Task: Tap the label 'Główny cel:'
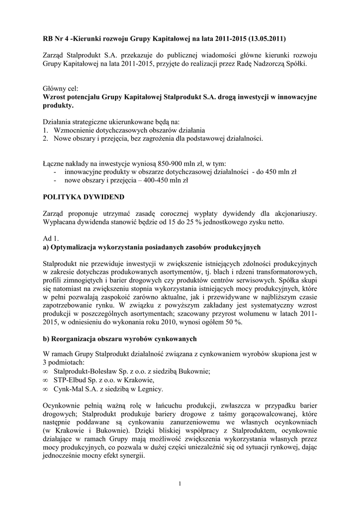(x=59, y=88)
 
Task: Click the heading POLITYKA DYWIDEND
(x=83, y=197)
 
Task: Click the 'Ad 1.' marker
(x=52, y=239)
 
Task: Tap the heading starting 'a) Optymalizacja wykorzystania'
(x=152, y=247)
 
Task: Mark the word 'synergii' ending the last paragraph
(x=132, y=459)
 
